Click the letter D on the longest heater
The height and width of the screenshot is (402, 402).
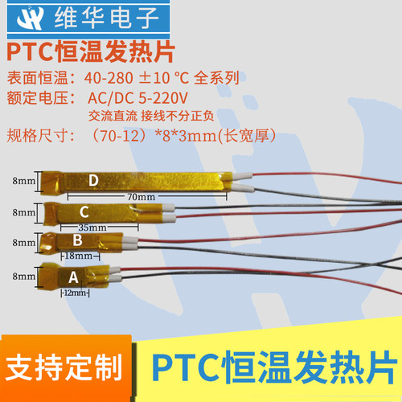tap(93, 182)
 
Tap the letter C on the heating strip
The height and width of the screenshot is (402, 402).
tap(84, 211)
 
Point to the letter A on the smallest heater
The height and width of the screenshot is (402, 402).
tap(74, 276)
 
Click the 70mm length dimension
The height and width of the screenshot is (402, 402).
tap(141, 196)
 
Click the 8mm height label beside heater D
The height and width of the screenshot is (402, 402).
tap(23, 183)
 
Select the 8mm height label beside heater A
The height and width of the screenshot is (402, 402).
tap(23, 276)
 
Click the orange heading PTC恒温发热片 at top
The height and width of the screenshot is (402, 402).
tap(90, 53)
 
